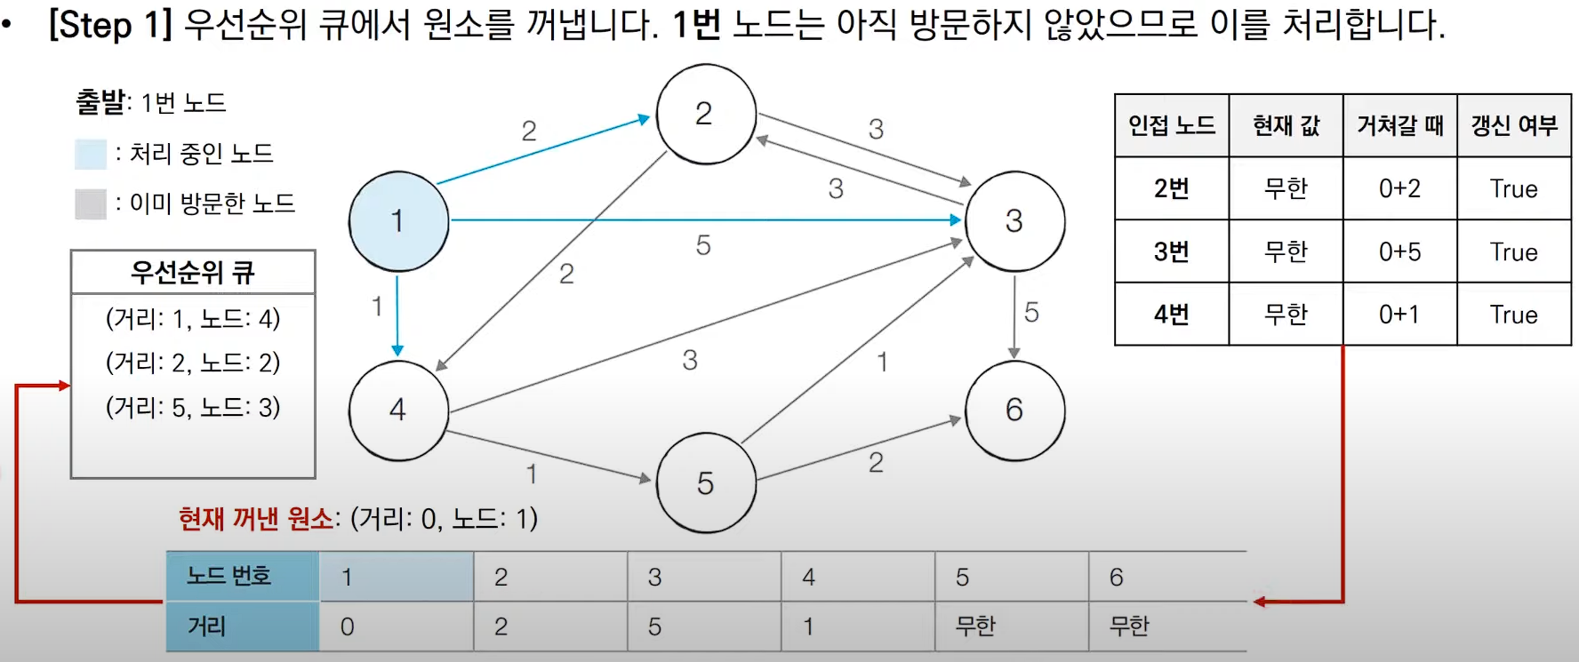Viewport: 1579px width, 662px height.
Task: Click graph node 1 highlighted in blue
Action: pyautogui.click(x=398, y=221)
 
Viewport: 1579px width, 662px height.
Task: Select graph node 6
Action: pyautogui.click(x=1014, y=410)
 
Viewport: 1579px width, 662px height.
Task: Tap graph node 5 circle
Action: pyautogui.click(x=706, y=483)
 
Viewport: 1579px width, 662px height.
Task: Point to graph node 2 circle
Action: pyautogui.click(x=706, y=114)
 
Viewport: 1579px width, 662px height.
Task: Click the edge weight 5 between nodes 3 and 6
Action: pyautogui.click(x=1031, y=312)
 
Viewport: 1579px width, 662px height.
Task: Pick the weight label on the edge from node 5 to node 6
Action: pyautogui.click(x=876, y=462)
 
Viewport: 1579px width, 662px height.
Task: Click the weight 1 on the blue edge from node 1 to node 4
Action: pyautogui.click(x=377, y=307)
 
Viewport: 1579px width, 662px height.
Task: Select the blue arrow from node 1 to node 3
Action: pyautogui.click(x=702, y=219)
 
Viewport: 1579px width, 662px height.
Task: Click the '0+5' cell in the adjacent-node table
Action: pyautogui.click(x=1399, y=251)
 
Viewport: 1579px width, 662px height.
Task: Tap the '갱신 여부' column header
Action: pyautogui.click(x=1513, y=125)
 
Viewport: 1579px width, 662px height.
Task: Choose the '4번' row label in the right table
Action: pyautogui.click(x=1171, y=315)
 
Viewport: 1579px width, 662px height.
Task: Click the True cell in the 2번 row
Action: pyautogui.click(x=1513, y=188)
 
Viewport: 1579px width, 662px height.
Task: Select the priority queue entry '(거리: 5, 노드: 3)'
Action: pyautogui.click(x=193, y=407)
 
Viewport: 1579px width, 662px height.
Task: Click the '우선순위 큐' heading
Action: pyautogui.click(x=193, y=272)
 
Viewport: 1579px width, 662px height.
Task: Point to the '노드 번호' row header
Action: pyautogui.click(x=229, y=576)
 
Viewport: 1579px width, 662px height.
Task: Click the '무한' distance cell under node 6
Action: pyautogui.click(x=1129, y=626)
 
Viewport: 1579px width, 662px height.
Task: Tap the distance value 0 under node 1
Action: pyautogui.click(x=348, y=626)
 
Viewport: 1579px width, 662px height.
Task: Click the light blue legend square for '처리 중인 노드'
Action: pyautogui.click(x=91, y=154)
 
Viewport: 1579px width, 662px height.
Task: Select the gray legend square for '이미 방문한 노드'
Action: pyautogui.click(x=91, y=203)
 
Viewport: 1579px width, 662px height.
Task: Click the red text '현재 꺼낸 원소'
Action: pyautogui.click(x=256, y=518)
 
